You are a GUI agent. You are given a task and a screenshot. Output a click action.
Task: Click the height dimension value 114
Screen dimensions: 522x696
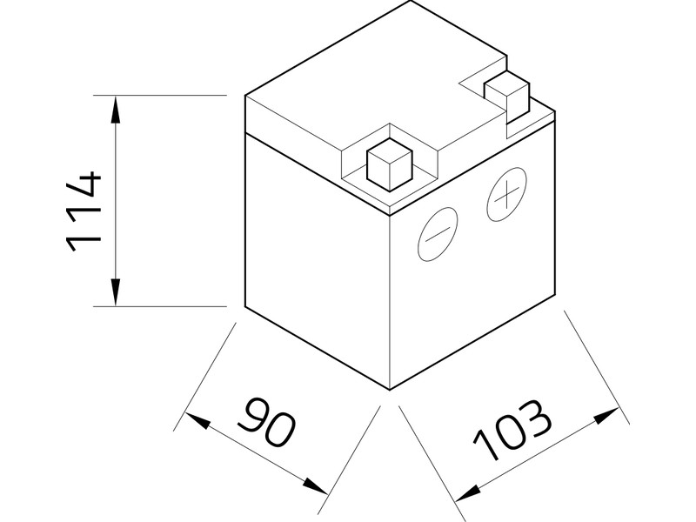coord(84,211)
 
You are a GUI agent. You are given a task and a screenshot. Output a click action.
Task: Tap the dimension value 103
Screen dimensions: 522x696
coord(513,431)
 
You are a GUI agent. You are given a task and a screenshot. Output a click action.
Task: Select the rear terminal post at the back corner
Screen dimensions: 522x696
coord(507,93)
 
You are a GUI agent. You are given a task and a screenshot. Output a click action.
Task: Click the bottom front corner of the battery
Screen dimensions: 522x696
coord(389,388)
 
